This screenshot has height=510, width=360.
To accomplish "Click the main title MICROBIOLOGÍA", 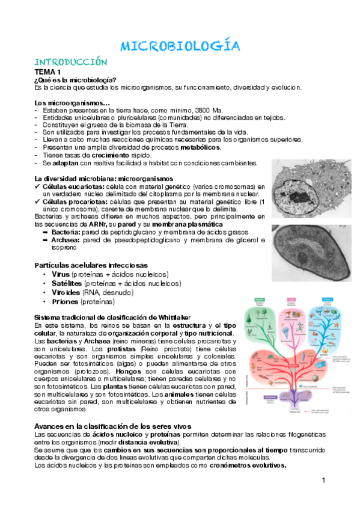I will pyautogui.click(x=180, y=46).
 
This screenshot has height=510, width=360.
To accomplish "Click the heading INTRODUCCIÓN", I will pyautogui.click(x=71, y=62).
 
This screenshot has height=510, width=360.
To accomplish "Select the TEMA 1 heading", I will pyautogui.click(x=47, y=72).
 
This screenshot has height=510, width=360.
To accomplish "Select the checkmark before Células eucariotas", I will pyautogui.click(x=38, y=187).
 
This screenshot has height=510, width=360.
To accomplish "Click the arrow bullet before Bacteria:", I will pyautogui.click(x=46, y=232).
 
